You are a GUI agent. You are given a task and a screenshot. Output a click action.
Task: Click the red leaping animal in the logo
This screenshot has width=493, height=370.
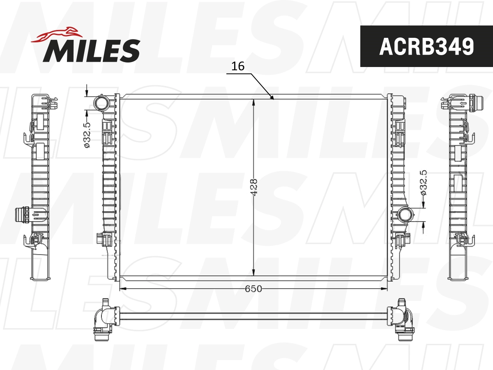[x=56, y=35]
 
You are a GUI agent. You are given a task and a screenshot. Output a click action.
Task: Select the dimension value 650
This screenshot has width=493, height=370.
[x=253, y=289]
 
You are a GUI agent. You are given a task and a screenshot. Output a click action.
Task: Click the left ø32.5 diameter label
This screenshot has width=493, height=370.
[x=87, y=134]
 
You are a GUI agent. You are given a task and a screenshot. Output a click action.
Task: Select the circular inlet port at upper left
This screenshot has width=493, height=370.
[x=101, y=103]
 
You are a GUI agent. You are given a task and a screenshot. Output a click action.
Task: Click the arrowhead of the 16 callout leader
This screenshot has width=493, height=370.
[x=272, y=97]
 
